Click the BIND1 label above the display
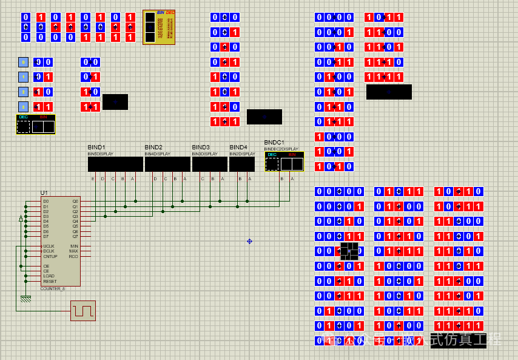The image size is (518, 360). [96, 148]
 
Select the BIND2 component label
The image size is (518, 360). [153, 148]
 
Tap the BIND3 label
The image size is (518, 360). [201, 148]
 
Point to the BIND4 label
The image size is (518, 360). [238, 148]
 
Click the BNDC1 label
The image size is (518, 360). [274, 143]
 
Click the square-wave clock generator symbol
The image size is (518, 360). [83, 311]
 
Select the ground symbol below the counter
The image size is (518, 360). [25, 299]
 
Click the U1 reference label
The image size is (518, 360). [44, 193]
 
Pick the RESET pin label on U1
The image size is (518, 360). [50, 281]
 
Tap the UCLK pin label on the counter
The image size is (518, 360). [49, 246]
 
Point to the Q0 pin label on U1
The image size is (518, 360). [75, 201]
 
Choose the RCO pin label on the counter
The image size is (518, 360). [73, 256]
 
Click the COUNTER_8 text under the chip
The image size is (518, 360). [53, 289]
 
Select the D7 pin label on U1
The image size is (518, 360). [45, 236]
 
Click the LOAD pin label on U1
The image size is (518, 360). [49, 276]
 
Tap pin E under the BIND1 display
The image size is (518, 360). [93, 178]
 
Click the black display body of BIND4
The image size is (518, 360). [242, 164]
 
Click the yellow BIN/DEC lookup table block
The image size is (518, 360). [159, 27]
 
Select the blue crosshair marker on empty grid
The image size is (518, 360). [249, 241]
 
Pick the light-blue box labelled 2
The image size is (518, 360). [23, 92]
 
